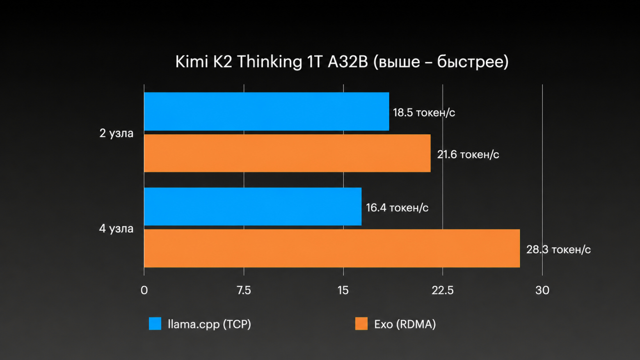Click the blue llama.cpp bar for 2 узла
point(267,111)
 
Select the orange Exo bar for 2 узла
point(288,153)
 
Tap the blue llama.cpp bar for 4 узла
point(253,206)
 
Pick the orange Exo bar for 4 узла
point(332,248)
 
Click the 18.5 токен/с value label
point(424,112)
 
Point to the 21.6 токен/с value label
point(468,155)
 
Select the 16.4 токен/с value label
point(397,208)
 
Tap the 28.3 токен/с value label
point(559,250)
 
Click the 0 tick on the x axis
point(144,291)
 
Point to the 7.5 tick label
point(244,291)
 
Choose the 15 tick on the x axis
point(343,291)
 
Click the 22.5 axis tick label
point(443,291)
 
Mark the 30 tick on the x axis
point(542,291)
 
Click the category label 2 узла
point(116,133)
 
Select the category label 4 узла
point(116,229)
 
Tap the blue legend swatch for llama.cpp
point(155,323)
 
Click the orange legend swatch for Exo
point(361,323)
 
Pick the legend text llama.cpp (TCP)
point(209,324)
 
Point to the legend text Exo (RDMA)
point(405,324)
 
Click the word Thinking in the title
point(270,62)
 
